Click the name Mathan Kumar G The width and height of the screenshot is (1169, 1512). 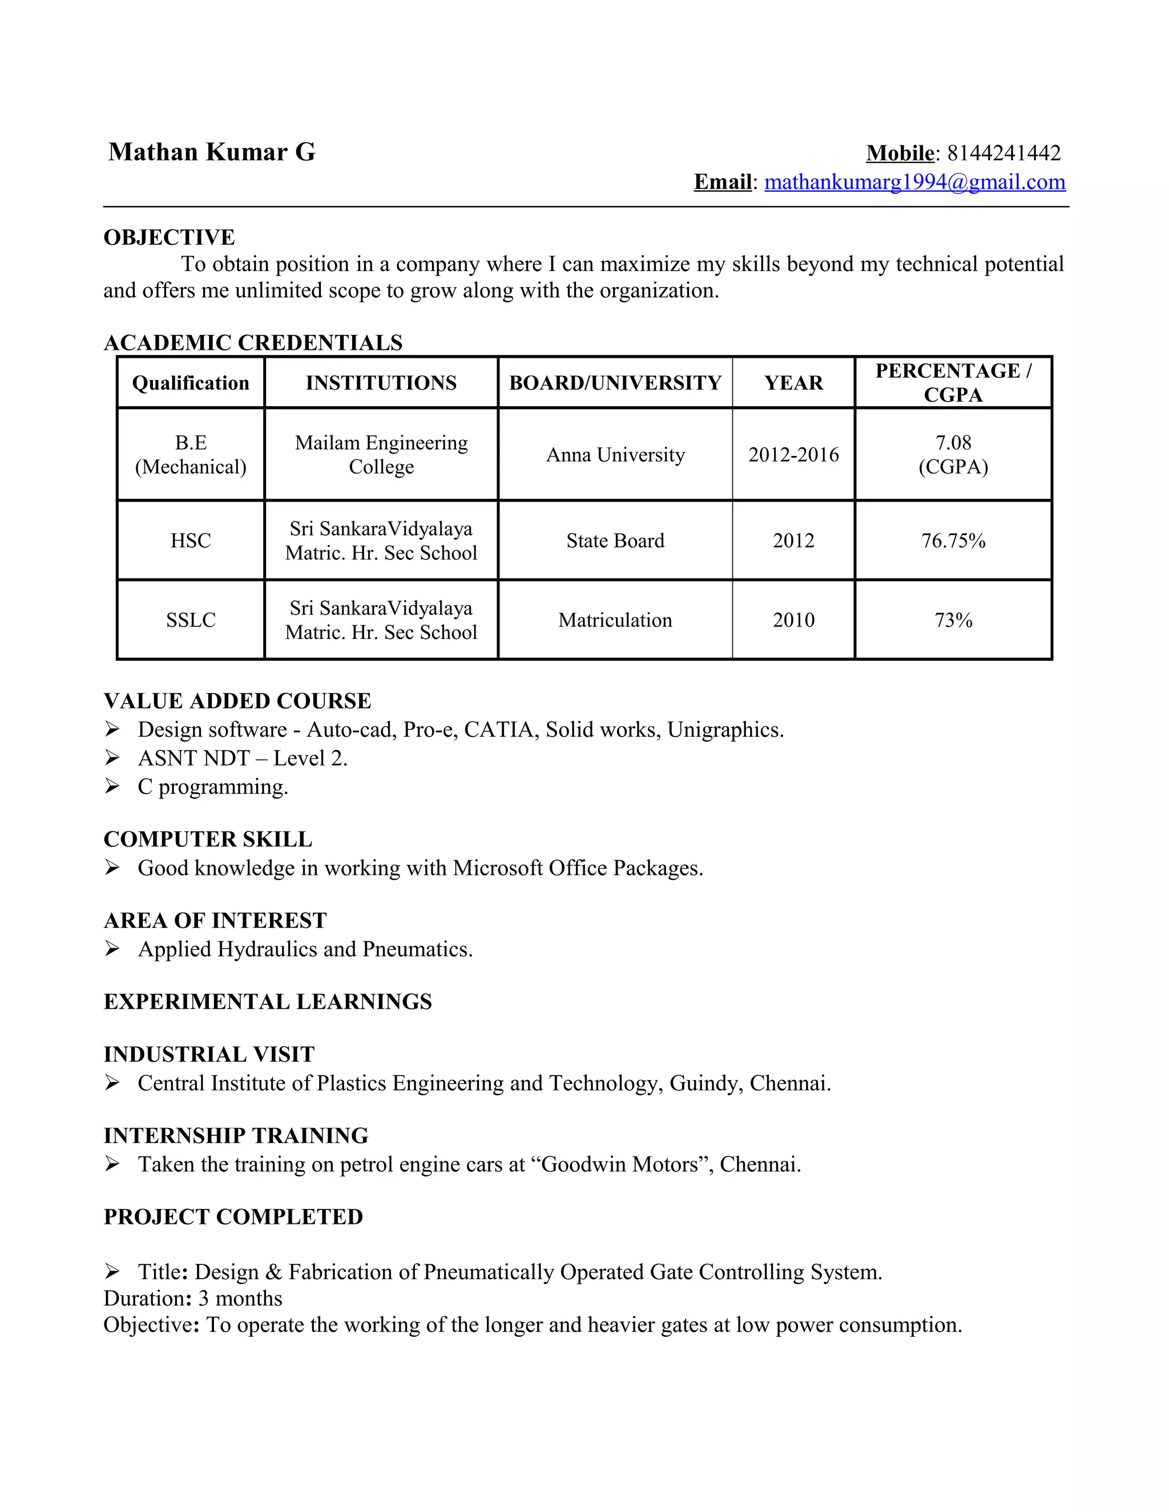pyautogui.click(x=211, y=152)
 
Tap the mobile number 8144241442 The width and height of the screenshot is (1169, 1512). pyautogui.click(x=1003, y=153)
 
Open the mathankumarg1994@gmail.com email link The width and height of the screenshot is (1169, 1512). pyautogui.click(x=914, y=182)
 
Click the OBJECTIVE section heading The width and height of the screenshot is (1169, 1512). pyautogui.click(x=169, y=237)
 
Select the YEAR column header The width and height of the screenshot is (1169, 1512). pyautogui.click(x=793, y=383)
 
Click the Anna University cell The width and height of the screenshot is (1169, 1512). pyautogui.click(x=615, y=455)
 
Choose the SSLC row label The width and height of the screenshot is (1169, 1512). pyautogui.click(x=191, y=620)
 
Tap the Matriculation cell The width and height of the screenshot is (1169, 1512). pyautogui.click(x=615, y=620)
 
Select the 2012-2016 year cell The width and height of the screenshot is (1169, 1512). pyautogui.click(x=793, y=455)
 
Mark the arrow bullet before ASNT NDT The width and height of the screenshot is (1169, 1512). pyautogui.click(x=112, y=758)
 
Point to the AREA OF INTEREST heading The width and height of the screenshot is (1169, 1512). pyautogui.click(x=215, y=921)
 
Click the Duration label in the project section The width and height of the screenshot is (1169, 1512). pyautogui.click(x=147, y=1299)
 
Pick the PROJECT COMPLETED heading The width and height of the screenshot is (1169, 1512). pyautogui.click(x=233, y=1217)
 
